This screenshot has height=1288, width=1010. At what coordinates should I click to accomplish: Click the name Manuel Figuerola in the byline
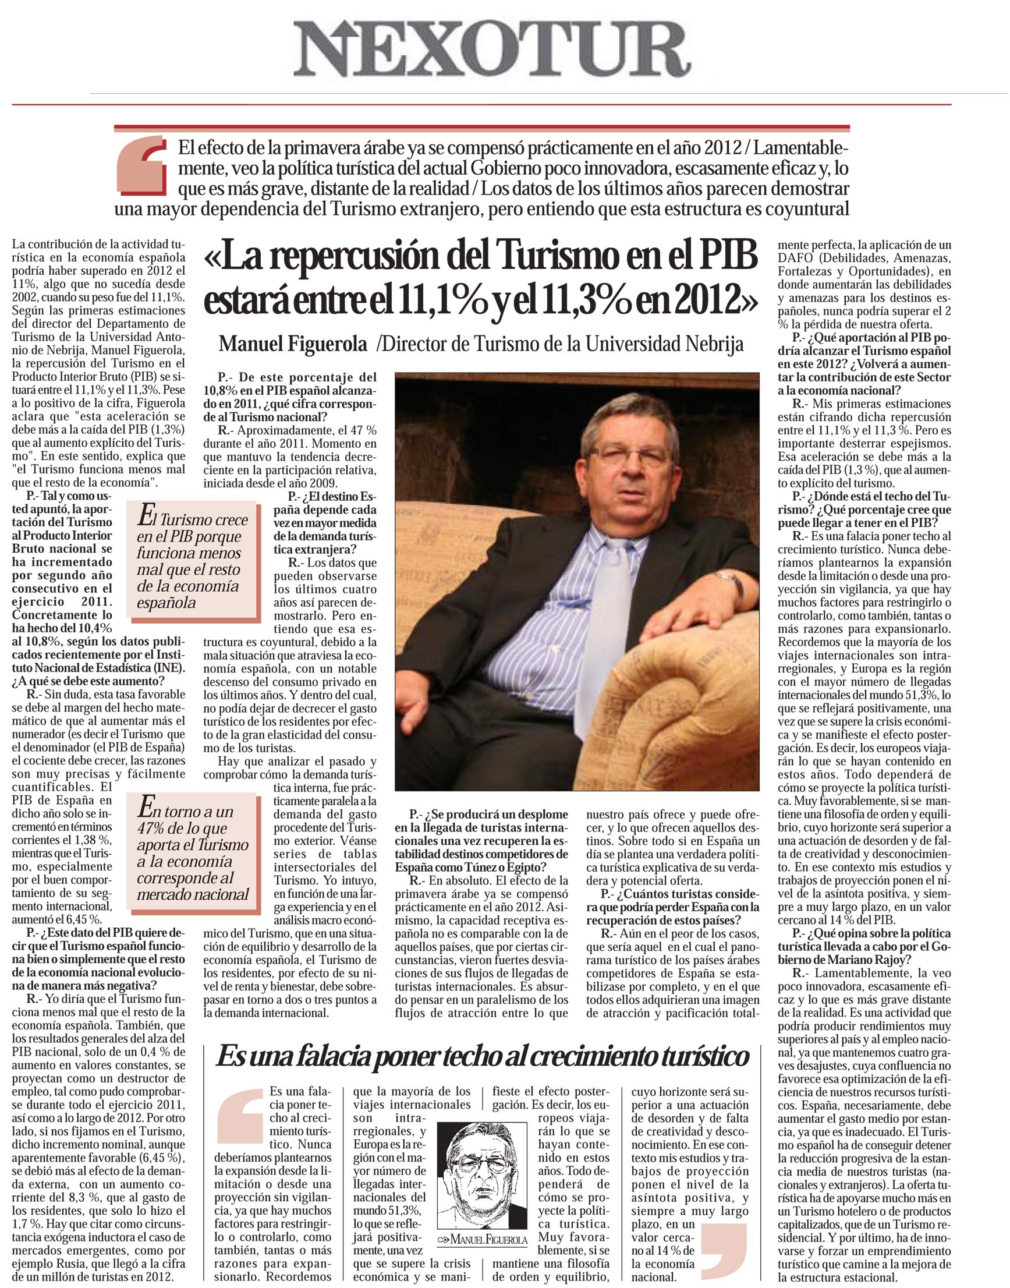[293, 344]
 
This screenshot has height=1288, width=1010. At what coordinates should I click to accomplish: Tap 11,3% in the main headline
[564, 301]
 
